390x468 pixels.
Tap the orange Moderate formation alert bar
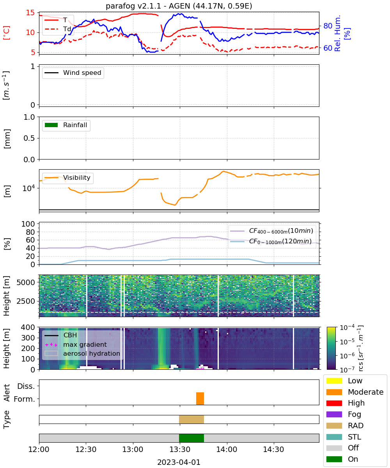tap(200, 398)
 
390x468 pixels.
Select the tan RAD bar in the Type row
tap(191, 419)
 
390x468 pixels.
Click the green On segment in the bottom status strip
tap(191, 438)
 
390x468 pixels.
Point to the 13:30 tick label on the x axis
tap(180, 449)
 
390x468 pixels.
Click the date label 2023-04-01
tap(179, 462)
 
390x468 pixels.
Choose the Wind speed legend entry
tap(73, 73)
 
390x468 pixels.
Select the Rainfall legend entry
tap(66, 125)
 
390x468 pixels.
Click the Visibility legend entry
tap(67, 177)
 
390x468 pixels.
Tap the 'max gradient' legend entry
tap(76, 344)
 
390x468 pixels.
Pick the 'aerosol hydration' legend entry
tap(82, 353)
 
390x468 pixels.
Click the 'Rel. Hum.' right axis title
tap(338, 33)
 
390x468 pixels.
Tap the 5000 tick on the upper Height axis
tap(26, 282)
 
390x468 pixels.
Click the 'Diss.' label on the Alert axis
tap(26, 386)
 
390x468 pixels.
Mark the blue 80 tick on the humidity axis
tap(328, 26)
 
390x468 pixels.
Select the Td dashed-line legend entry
tap(58, 29)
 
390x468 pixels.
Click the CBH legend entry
tap(61, 335)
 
